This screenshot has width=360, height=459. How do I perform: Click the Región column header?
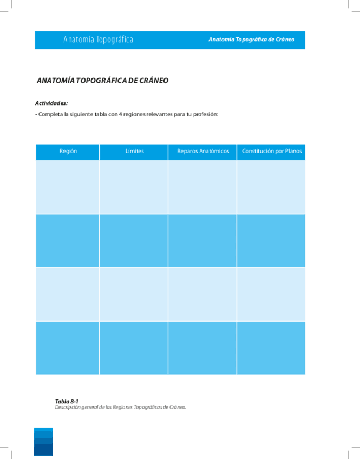[68, 152]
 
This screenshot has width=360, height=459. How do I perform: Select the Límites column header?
[134, 152]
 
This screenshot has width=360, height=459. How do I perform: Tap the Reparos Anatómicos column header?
[203, 152]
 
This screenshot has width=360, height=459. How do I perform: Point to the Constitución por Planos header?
[271, 152]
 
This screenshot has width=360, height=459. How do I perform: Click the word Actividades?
[51, 103]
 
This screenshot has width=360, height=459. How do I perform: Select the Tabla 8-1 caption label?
[63, 401]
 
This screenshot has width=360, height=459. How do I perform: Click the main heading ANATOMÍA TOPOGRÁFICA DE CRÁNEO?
[102, 81]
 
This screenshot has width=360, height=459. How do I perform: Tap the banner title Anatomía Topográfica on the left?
[98, 40]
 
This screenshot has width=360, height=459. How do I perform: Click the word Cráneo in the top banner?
[285, 40]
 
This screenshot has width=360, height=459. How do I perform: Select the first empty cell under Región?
[68, 187]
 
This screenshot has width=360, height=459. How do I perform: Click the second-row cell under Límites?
[134, 241]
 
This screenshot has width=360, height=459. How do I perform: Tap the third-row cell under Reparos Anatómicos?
[202, 294]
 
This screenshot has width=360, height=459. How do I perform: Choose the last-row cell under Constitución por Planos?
[271, 347]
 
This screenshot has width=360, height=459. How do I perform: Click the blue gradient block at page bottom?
[43, 441]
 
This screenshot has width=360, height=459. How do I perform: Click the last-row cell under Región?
[68, 347]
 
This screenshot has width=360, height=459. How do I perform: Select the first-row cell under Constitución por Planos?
[271, 187]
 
